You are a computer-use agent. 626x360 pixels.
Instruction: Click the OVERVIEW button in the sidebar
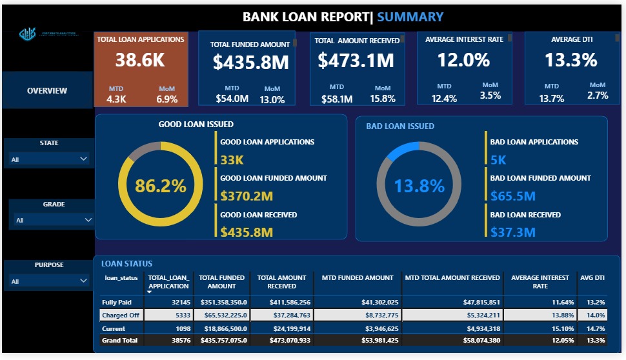(46, 91)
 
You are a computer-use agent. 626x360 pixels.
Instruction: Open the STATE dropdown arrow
(83, 159)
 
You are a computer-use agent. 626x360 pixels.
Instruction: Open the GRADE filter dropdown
(88, 220)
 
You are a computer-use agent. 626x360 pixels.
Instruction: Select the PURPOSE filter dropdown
(83, 281)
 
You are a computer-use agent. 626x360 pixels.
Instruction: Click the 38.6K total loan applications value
(140, 61)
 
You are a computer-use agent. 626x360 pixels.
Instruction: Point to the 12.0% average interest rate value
(463, 61)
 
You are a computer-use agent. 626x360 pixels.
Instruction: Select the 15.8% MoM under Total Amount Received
(383, 99)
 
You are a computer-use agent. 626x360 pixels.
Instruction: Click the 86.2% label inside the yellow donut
(160, 186)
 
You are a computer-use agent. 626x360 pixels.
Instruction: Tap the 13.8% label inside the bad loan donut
(419, 186)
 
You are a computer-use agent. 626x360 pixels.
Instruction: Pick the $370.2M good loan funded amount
(247, 195)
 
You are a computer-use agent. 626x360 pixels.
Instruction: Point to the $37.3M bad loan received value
(512, 232)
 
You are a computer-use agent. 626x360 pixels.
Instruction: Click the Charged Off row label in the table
(120, 315)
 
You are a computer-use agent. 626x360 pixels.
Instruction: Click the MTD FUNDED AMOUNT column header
(357, 278)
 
